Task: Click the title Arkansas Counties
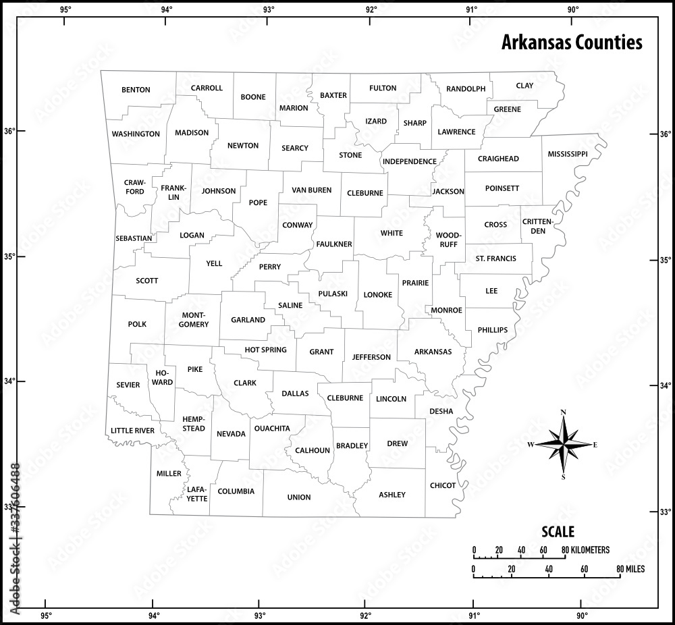[571, 43]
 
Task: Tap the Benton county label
[136, 90]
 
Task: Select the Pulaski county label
[333, 294]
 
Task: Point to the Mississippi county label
[568, 154]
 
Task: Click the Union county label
[299, 497]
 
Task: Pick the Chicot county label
[443, 485]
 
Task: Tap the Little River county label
[133, 431]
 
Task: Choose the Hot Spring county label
[265, 350]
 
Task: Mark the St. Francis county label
[495, 259]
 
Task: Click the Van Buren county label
[311, 190]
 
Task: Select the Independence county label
[410, 161]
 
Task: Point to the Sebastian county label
[134, 238]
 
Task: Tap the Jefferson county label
[371, 356]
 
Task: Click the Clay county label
[524, 86]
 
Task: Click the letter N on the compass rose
[564, 412]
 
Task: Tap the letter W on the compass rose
[531, 444]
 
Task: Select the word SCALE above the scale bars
[558, 531]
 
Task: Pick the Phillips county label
[492, 330]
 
